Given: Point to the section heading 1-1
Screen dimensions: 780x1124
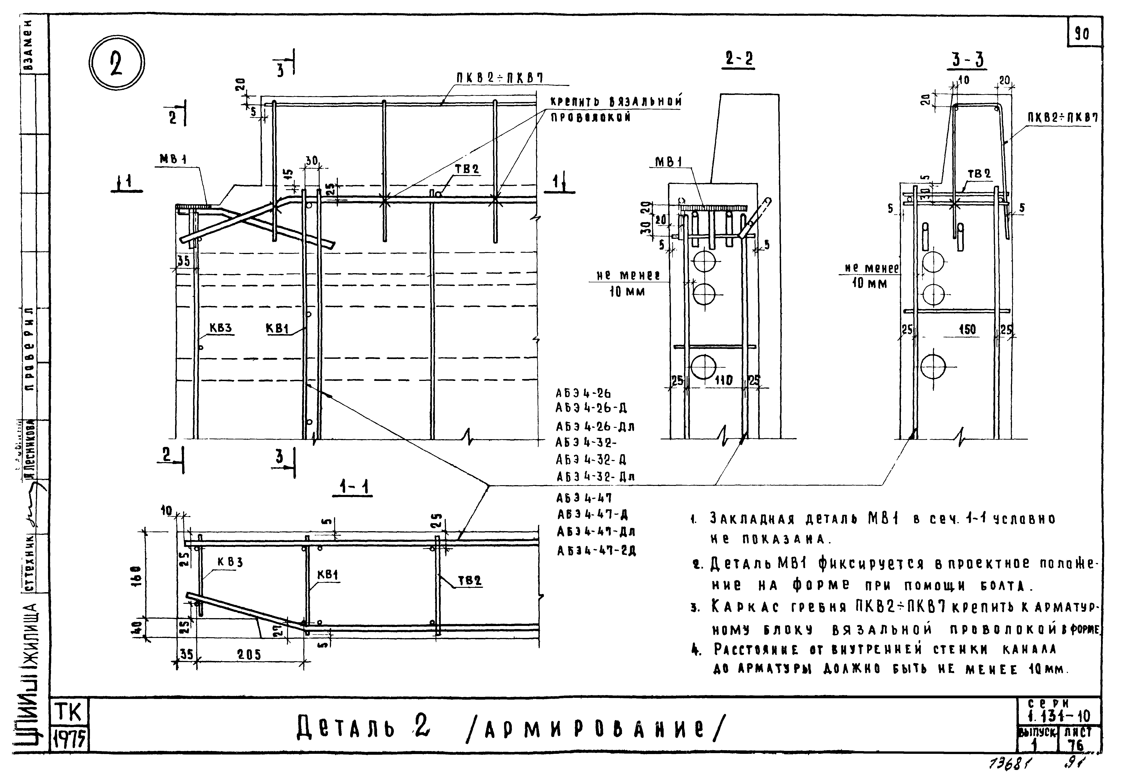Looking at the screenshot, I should coord(353,487).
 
